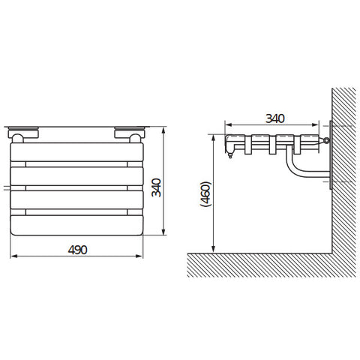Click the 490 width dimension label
[77, 250]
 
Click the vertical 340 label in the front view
[157, 187]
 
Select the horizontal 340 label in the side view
[275, 118]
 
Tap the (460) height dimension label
[206, 194]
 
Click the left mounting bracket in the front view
[23, 134]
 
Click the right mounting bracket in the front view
[130, 134]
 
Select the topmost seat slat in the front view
[76, 152]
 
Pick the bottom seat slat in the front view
[76, 225]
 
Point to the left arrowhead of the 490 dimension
[14, 256]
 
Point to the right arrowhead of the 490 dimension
[139, 256]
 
